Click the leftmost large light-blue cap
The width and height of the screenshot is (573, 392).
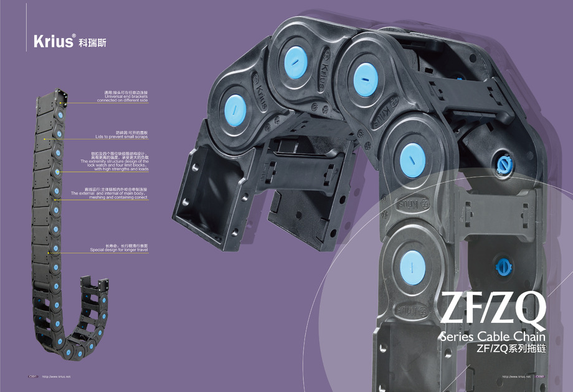click(235, 108)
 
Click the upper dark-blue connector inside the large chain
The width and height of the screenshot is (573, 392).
click(502, 163)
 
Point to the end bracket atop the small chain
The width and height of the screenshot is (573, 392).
click(60, 95)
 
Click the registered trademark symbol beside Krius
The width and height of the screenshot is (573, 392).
click(74, 36)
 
